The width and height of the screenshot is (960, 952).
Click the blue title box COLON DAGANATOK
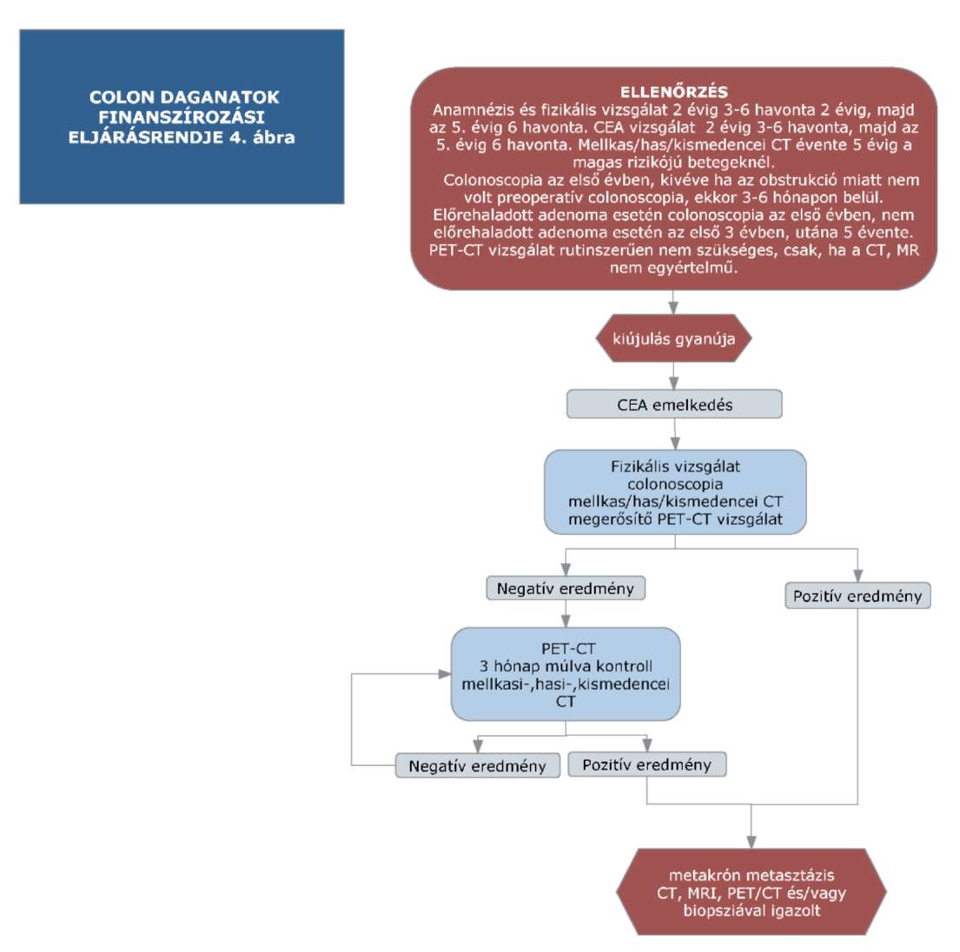tap(182, 116)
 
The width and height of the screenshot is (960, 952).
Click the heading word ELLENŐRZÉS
tap(673, 92)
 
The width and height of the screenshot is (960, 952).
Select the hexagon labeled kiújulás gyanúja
tap(673, 339)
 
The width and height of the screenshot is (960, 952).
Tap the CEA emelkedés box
tap(674, 404)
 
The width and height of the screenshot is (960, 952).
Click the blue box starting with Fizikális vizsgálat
tap(675, 493)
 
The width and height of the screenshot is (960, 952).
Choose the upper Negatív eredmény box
tap(566, 588)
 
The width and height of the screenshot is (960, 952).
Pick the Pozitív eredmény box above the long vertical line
tap(857, 596)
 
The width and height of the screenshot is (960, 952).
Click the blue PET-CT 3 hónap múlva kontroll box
tap(566, 674)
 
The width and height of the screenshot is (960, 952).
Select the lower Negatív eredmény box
tap(478, 766)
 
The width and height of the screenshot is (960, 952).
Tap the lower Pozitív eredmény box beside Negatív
tap(647, 764)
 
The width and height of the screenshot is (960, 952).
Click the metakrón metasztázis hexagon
tap(751, 892)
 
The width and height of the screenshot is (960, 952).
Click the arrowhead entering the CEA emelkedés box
tap(674, 383)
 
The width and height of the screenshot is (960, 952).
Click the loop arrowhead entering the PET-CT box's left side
tap(445, 674)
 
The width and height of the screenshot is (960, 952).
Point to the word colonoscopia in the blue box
tap(675, 484)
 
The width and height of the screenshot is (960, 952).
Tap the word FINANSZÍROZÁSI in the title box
tap(182, 117)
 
